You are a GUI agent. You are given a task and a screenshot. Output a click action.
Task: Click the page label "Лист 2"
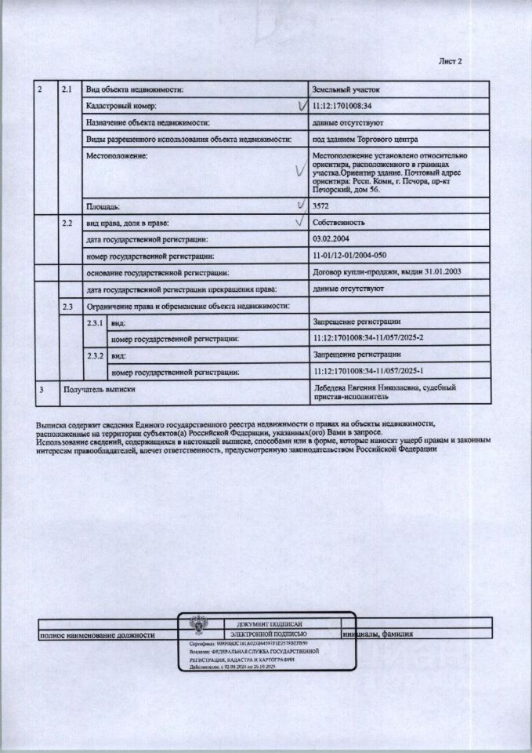click(x=451, y=62)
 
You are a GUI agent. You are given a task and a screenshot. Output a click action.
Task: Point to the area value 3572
click(x=321, y=206)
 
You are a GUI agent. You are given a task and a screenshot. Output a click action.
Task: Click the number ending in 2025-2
click(x=367, y=338)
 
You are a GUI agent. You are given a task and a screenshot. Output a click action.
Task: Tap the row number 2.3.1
click(x=96, y=322)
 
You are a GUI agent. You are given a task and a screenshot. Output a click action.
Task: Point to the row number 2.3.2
click(x=96, y=355)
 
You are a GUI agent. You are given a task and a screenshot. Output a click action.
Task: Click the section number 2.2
click(x=67, y=223)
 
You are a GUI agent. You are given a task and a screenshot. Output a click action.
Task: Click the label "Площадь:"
click(x=103, y=206)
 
